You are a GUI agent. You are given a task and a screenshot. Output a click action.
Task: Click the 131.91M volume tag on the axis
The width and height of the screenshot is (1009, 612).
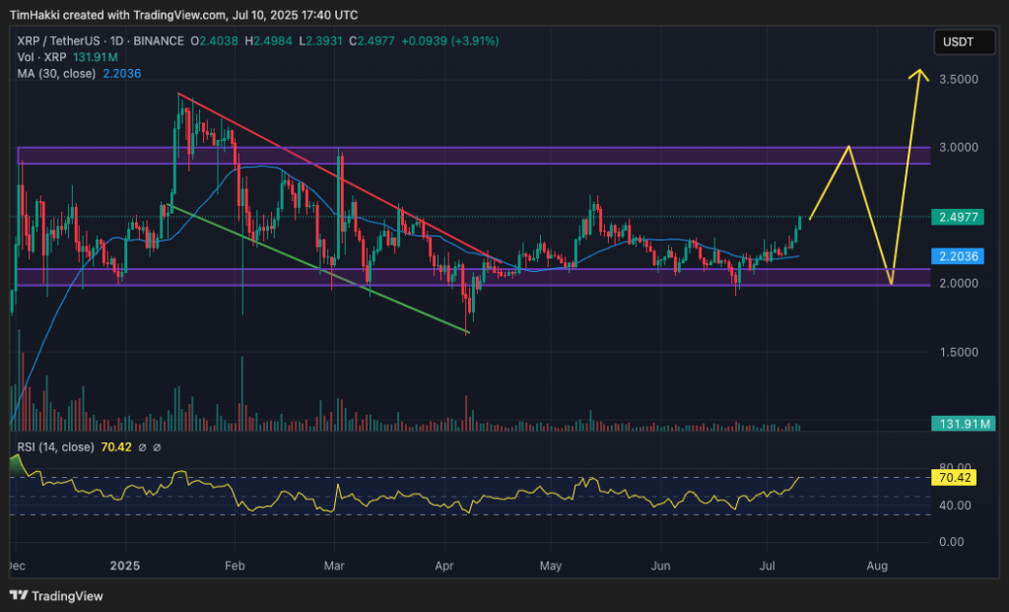[x=963, y=424]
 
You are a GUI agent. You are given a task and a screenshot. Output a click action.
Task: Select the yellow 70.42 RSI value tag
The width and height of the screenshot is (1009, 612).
[x=955, y=478]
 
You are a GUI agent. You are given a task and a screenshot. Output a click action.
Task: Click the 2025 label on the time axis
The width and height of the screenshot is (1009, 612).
[x=126, y=567]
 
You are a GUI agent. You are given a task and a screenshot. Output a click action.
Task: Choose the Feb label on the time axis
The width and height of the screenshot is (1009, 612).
[x=234, y=567]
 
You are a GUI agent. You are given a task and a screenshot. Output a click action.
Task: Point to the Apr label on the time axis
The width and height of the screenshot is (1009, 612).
[x=443, y=567]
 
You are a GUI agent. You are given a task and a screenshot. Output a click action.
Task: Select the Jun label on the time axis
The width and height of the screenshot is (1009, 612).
[x=661, y=567]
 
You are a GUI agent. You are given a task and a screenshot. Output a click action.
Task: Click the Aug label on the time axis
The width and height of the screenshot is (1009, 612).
[x=877, y=567]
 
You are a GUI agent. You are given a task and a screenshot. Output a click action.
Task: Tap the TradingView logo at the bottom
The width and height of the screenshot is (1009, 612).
[x=56, y=595]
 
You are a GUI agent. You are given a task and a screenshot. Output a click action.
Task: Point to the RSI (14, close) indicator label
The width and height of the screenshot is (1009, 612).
[x=56, y=447]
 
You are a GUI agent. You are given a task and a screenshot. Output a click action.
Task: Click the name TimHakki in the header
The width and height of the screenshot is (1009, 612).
[x=33, y=15]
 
